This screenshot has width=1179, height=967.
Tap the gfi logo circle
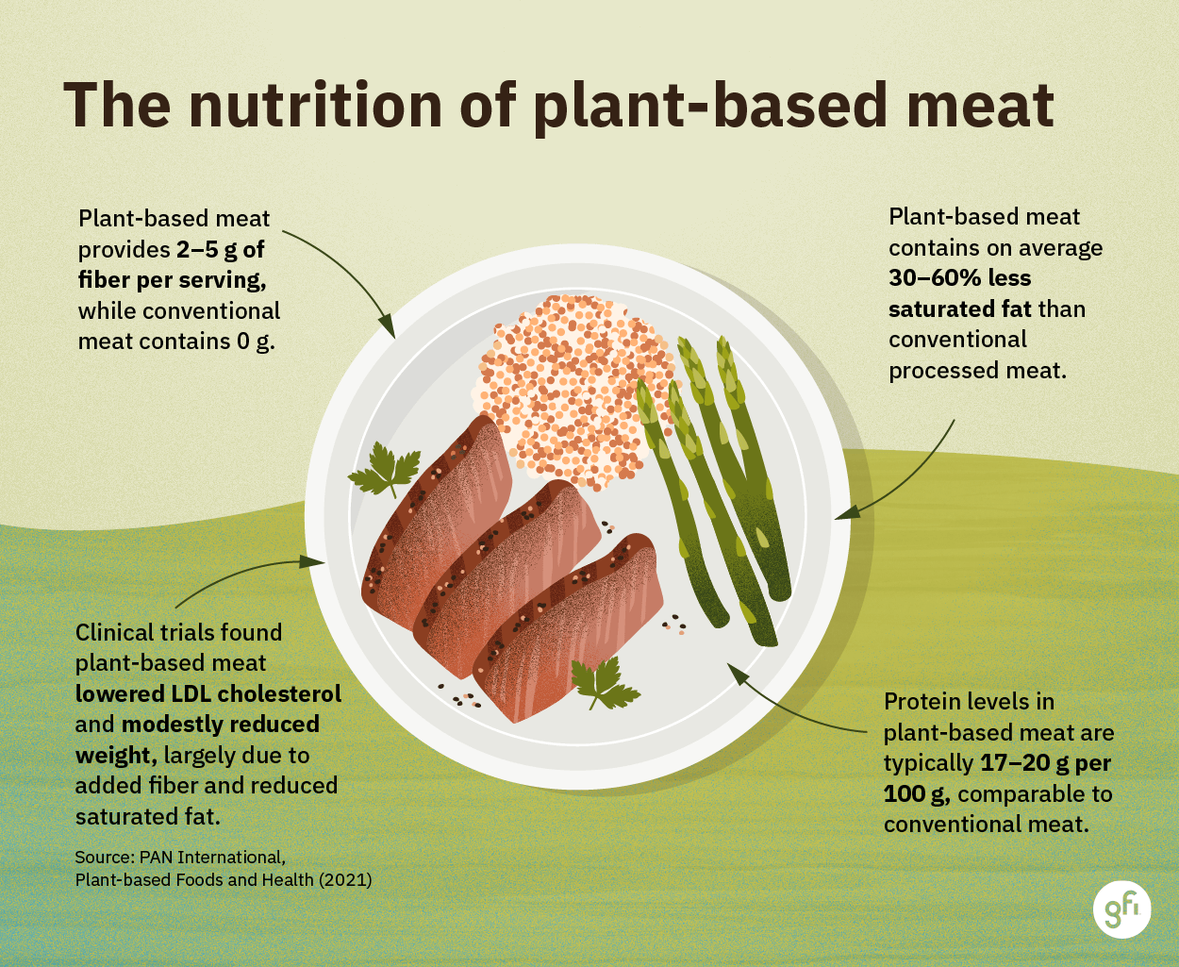pos(1121,910)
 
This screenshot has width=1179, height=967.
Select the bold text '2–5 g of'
pos(221,250)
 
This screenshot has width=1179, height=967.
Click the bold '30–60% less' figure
pos(959,278)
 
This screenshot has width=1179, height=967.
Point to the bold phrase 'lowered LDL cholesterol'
pos(208,693)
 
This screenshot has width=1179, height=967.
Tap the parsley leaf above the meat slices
pos(386,470)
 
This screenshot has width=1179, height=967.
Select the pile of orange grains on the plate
pos(571,387)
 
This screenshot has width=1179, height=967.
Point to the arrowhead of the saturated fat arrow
pos(842,515)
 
